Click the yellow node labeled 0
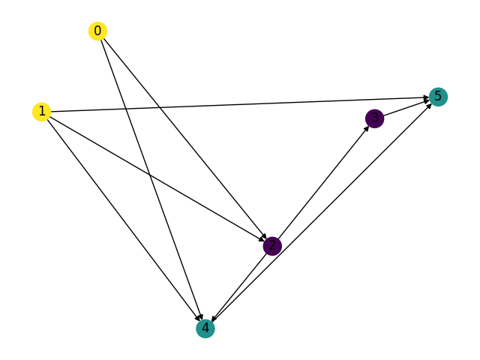point(97,31)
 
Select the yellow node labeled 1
point(41,112)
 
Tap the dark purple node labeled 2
point(272,245)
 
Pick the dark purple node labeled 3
point(374,118)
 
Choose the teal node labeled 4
point(205,328)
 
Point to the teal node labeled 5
point(438,97)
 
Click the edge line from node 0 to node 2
point(184,138)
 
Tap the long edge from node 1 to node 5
point(240,104)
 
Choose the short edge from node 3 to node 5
point(405,108)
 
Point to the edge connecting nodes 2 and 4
point(238,286)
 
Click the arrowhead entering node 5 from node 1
point(425,97)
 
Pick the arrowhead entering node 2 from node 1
point(262,239)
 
